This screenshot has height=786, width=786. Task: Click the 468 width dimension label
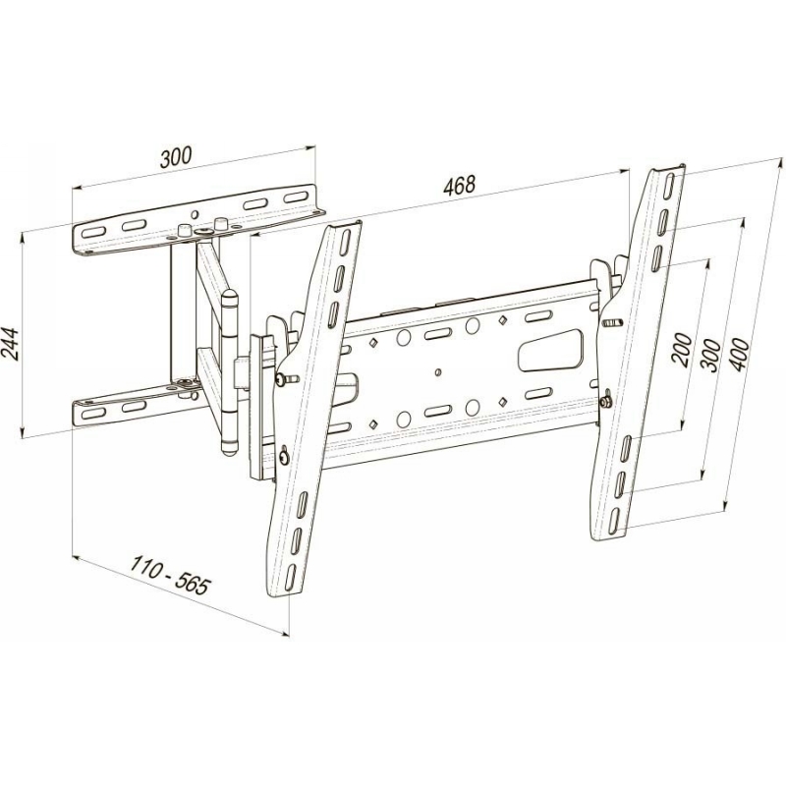coord(459,185)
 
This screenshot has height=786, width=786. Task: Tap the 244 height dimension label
coord(10,344)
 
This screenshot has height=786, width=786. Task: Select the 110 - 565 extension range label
coord(169,575)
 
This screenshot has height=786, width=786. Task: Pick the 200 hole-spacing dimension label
coord(682,350)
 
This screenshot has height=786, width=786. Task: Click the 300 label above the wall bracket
coord(176,157)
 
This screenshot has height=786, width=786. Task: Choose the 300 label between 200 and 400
coord(710,355)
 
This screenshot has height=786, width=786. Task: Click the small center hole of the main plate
coord(438,372)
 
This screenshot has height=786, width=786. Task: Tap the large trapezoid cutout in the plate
coord(550,350)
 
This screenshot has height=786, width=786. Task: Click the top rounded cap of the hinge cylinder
coord(230,297)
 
